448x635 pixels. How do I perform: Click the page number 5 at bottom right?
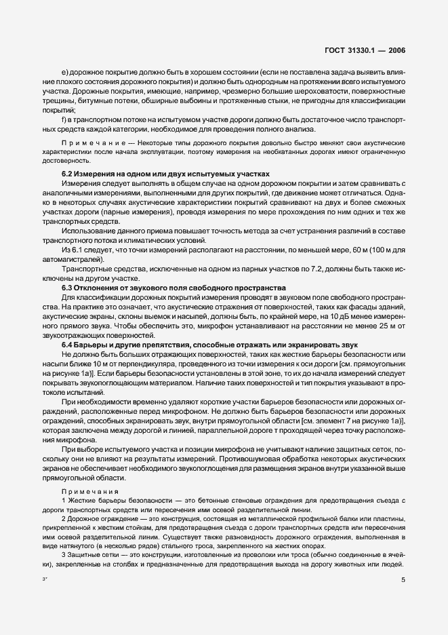(403, 580)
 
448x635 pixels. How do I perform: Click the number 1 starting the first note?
(63, 500)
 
